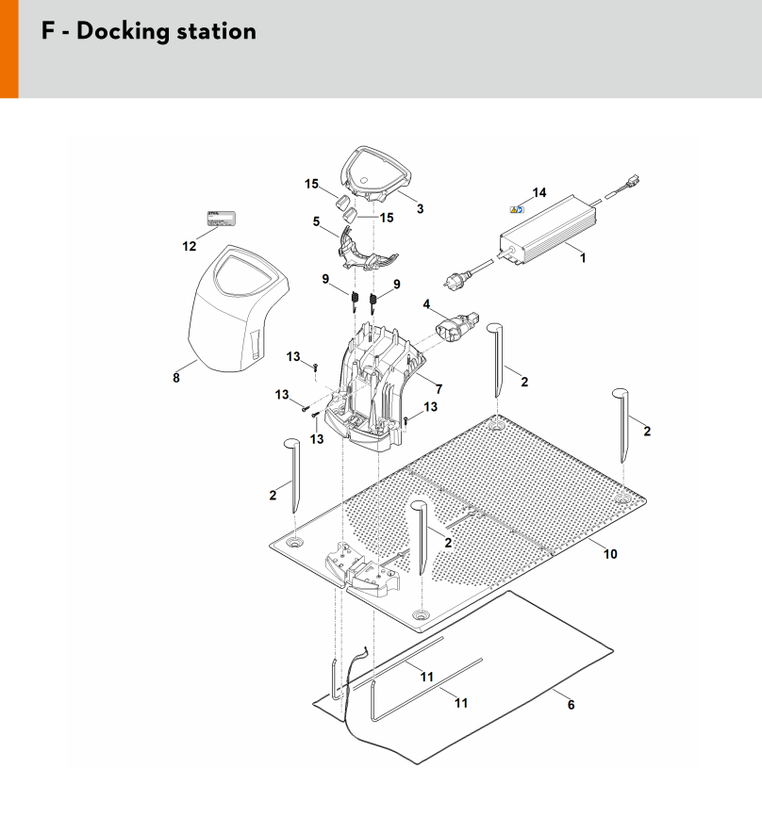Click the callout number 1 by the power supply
583,257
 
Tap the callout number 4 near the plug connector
426,304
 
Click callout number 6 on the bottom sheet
571,704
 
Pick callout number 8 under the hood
175,378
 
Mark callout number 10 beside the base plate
610,553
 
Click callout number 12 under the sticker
190,246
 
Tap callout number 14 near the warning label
538,193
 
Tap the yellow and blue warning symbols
518,210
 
